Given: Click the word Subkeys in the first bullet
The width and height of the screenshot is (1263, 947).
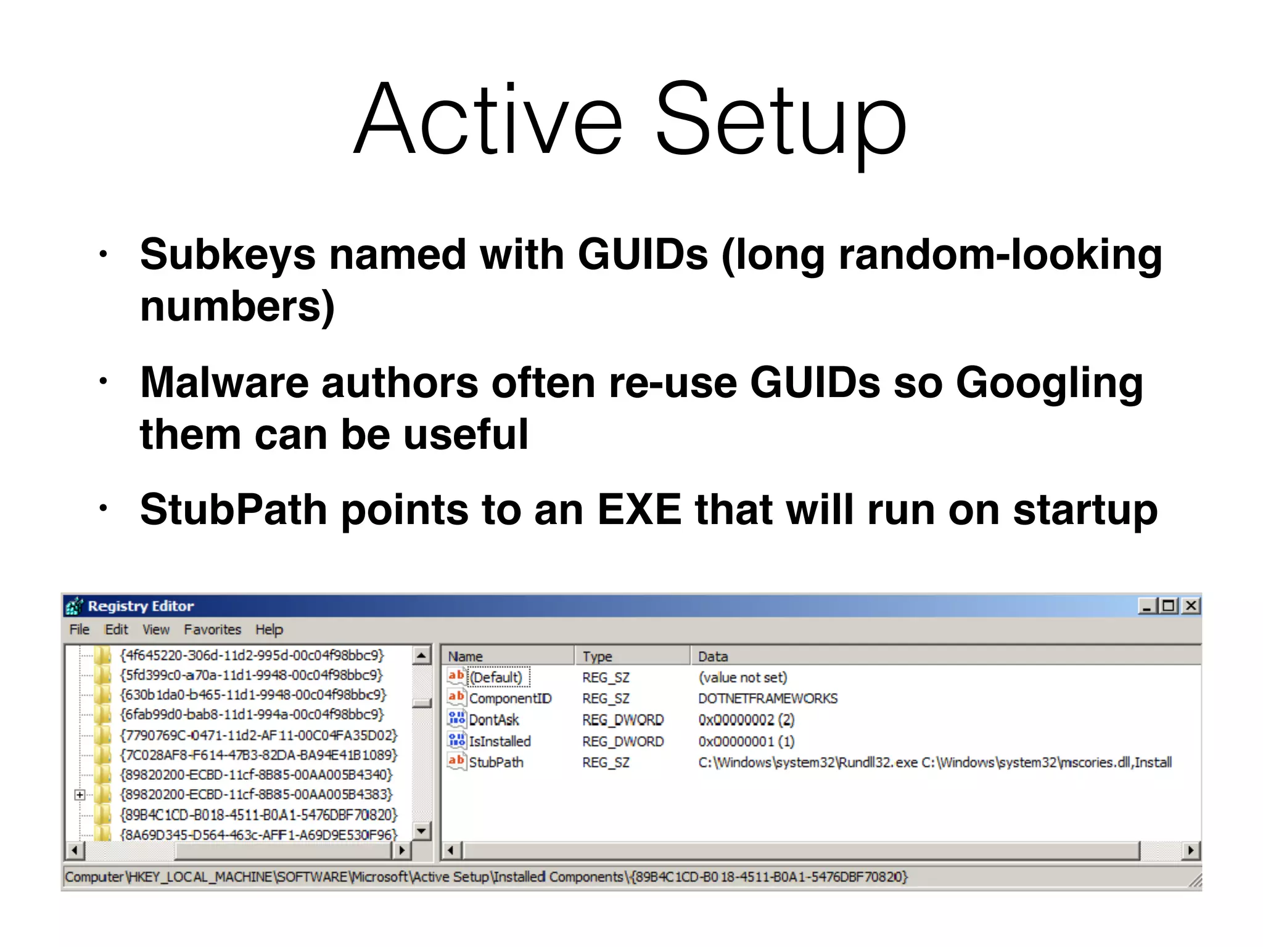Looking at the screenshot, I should coord(227,255).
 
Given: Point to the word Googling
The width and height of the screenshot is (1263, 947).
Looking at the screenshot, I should coord(1049,383).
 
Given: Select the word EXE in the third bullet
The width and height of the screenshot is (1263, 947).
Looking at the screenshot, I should coord(639,510).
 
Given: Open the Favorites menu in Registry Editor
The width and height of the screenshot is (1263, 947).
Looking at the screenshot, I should coord(212,629).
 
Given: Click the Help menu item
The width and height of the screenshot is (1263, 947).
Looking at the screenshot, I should coord(269,629).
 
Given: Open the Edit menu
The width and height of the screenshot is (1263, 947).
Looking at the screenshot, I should coord(116,629).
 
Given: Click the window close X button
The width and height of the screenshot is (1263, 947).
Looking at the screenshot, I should coord(1191,606).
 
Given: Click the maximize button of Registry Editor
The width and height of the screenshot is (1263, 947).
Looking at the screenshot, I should coord(1168,606).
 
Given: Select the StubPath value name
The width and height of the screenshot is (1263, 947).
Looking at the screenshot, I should coord(496,763).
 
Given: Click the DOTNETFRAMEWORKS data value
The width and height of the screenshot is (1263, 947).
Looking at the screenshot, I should coord(768,699).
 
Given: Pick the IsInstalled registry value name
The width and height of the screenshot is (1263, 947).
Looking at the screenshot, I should coord(500,741).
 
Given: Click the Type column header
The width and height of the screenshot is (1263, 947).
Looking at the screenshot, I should coord(597,657).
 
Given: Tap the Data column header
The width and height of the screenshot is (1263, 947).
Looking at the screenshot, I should coord(713,657).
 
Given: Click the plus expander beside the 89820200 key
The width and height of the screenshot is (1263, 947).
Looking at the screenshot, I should coord(80,795).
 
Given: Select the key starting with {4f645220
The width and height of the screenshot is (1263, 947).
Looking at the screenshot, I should coord(252,655).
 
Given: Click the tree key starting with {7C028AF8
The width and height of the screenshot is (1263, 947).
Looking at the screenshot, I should coord(258,755).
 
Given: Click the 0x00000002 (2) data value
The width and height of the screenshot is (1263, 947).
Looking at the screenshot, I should coord(746,720).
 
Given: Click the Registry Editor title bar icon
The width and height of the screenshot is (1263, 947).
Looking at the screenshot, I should coord(74,607).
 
